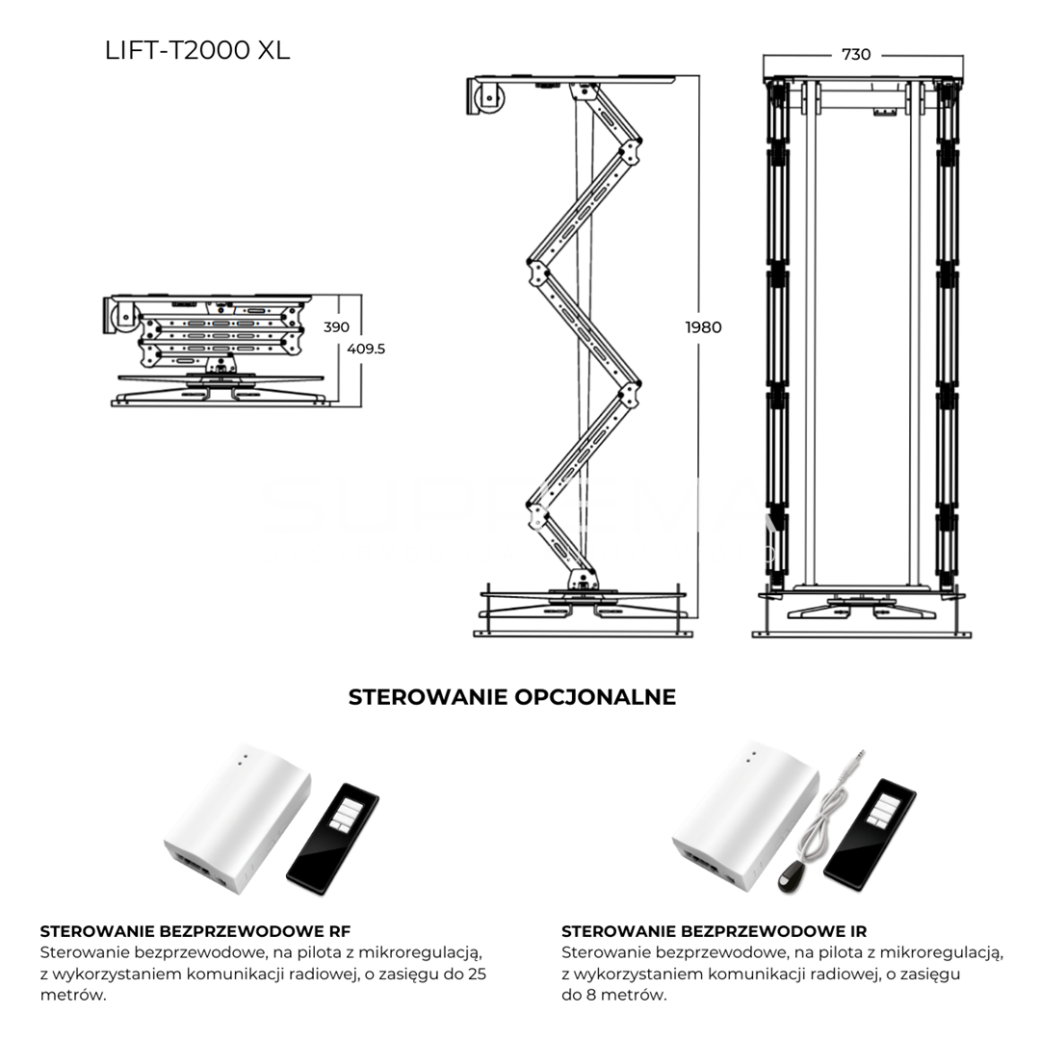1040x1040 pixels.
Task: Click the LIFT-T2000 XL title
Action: click(197, 50)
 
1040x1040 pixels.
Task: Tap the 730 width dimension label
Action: click(856, 54)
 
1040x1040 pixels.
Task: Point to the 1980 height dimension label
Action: click(703, 327)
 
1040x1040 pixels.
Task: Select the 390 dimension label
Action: click(336, 327)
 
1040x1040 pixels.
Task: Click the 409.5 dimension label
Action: click(366, 349)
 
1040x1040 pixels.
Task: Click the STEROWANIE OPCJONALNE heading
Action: click(512, 697)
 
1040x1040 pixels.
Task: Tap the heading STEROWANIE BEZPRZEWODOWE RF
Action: click(195, 931)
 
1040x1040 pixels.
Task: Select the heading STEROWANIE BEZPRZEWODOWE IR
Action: click(714, 931)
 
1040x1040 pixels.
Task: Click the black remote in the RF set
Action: click(332, 839)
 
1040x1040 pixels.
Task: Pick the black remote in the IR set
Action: click(870, 835)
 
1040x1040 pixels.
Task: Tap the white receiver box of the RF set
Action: click(237, 819)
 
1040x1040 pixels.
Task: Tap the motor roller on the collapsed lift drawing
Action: click(123, 317)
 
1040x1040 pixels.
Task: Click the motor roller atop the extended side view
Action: click(489, 97)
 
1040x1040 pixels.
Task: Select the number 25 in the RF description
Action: click(477, 975)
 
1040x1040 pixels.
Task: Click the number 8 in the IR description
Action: click(590, 995)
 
